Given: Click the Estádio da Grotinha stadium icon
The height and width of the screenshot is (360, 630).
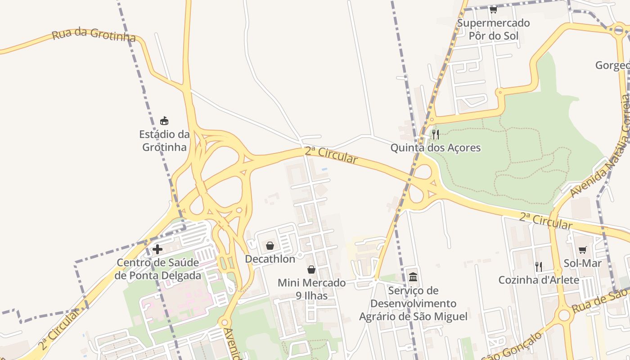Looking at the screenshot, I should coord(164,121).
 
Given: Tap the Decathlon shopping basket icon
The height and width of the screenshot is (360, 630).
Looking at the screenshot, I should coord(270,245).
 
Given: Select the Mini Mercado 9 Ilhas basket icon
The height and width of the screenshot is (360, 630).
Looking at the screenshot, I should coord(311,270).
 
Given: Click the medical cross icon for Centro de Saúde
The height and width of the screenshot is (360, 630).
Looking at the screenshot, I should coord(157,249).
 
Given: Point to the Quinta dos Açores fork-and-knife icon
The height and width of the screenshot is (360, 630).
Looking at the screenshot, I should coord(435,134).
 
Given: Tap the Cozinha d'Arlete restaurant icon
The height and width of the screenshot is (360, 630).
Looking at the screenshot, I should coord(539,266).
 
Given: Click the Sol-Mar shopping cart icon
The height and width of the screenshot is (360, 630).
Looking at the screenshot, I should coord(583,250).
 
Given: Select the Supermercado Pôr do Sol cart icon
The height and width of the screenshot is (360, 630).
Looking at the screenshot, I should coord(493,9).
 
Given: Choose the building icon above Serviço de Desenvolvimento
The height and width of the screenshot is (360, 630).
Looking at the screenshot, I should coord(413,277).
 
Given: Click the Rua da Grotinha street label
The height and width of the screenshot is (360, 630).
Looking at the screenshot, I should coord(94,35).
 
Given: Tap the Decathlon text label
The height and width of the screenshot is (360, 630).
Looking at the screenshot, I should coord(270,259).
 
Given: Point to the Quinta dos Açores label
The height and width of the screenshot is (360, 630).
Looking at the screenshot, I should coord(435,148).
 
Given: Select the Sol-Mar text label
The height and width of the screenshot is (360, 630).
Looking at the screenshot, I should coord(583,263).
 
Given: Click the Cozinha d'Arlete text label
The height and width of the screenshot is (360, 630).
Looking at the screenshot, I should coord(539,280).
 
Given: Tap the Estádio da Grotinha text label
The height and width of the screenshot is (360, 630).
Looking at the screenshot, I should coord(164,140).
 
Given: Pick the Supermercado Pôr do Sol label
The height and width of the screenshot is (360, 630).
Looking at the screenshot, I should coord(493,29).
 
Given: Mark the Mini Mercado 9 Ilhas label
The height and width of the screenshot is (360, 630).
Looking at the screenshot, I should coord(311,289).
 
